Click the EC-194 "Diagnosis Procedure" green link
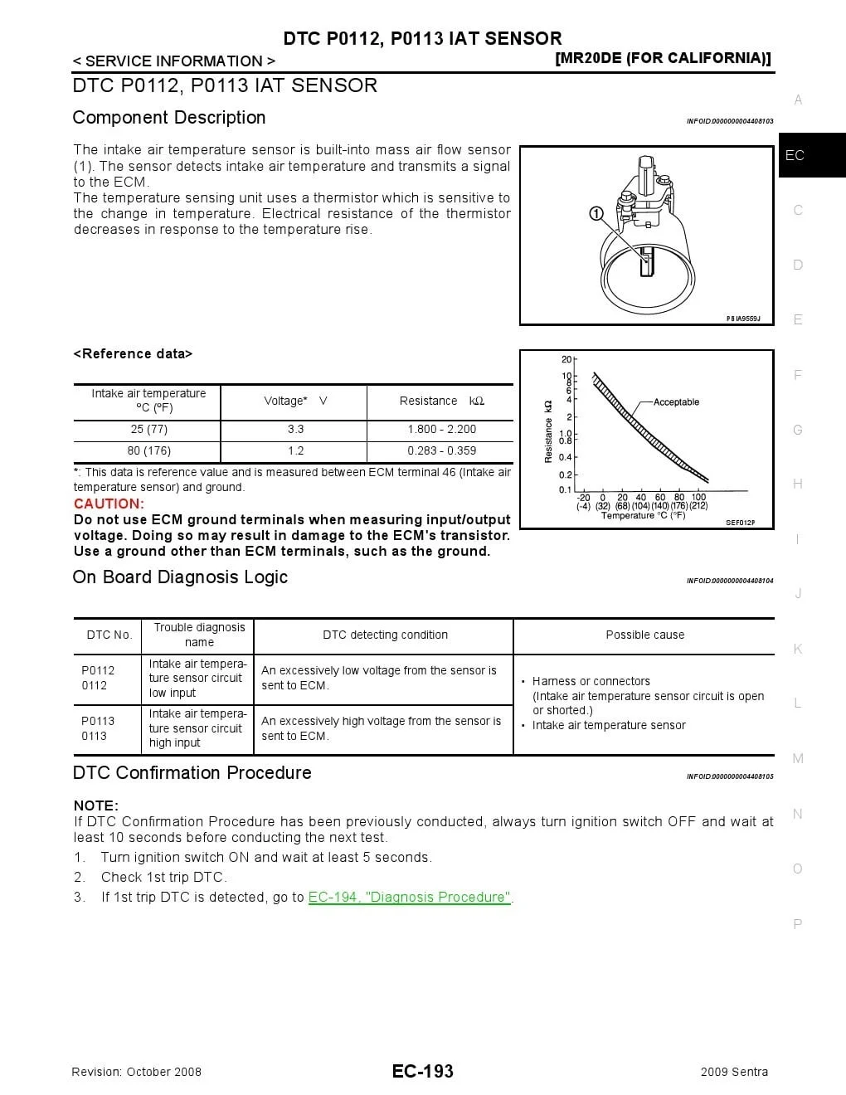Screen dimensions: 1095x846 [410, 897]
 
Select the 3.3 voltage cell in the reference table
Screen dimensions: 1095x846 [295, 429]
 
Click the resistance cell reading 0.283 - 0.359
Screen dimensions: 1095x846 [441, 450]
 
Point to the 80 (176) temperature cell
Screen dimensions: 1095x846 [149, 450]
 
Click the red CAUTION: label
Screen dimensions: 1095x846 [109, 504]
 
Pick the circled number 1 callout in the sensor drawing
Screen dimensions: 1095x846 [596, 214]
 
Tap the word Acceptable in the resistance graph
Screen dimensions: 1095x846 [676, 402]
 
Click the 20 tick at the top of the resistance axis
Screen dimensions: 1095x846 [566, 359]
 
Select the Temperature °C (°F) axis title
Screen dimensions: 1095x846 [643, 515]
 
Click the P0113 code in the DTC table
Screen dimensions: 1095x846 [98, 721]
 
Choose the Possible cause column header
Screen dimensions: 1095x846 [644, 635]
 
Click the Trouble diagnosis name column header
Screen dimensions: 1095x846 [199, 635]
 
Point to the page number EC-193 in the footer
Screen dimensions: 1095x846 [423, 1071]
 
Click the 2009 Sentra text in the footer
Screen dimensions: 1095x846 [734, 1072]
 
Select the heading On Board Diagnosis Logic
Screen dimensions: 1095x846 [180, 577]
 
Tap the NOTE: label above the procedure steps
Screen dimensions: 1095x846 [96, 805]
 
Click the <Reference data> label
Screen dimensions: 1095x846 [133, 353]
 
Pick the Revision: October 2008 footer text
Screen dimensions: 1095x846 [137, 1072]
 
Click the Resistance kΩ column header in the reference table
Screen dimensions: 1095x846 [441, 401]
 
